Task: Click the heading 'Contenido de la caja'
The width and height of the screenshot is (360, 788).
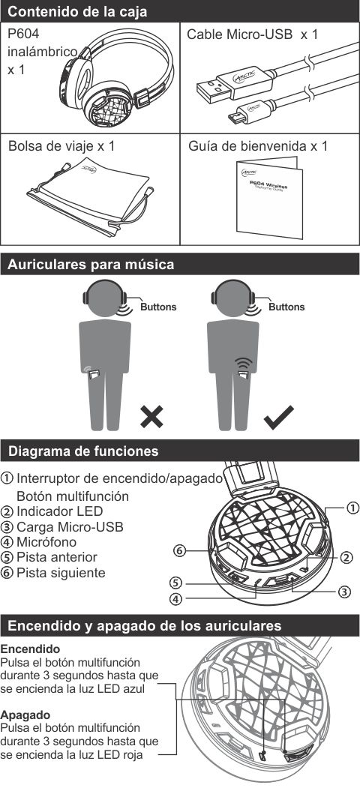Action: point(78,11)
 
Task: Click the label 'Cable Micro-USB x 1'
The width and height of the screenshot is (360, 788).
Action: point(253,34)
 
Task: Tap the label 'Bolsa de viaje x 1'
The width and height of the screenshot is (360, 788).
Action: point(61,146)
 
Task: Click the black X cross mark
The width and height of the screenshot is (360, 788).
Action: point(151,417)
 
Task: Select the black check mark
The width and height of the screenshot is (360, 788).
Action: point(278,415)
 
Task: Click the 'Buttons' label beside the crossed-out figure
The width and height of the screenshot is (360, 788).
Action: point(158,307)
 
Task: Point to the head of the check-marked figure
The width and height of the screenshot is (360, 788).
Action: point(232,298)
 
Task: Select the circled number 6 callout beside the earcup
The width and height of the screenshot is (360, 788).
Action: point(179,551)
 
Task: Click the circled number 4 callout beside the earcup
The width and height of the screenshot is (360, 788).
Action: point(175,599)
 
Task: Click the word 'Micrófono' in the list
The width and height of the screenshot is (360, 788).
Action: point(46,542)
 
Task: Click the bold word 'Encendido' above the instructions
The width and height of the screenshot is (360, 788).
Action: point(30,649)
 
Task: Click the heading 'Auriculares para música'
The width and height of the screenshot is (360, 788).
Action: point(91,265)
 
